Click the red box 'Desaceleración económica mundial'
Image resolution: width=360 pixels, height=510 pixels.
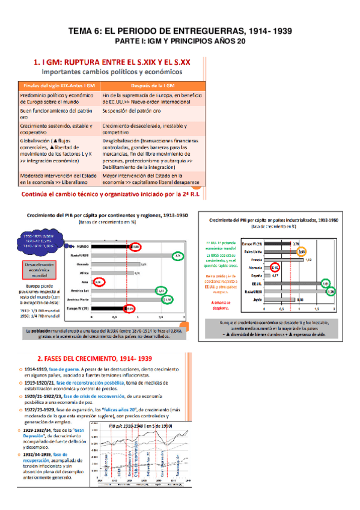(41, 270)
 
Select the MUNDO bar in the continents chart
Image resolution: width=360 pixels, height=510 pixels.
(102, 246)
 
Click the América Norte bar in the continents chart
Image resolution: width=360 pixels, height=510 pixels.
(120, 299)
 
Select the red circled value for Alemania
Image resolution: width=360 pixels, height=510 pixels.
(275, 266)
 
